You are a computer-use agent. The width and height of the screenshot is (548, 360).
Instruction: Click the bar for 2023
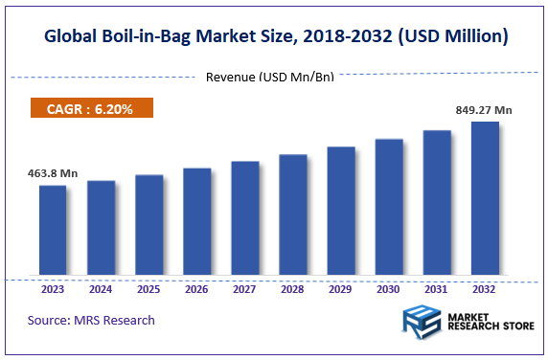[53, 230]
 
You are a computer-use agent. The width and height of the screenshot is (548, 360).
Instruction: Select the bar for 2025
[148, 225]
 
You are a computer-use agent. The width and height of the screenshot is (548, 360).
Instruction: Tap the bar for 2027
[244, 218]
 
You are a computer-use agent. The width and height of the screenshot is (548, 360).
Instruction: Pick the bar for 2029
[341, 211]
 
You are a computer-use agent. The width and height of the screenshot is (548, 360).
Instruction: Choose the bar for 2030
[389, 207]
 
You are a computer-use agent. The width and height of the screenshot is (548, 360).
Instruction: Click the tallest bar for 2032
[485, 198]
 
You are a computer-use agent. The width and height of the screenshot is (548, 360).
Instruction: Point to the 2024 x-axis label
[101, 287]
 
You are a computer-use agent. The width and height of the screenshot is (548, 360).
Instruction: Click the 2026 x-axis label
[196, 287]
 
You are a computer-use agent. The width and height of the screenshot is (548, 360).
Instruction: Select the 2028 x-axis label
[292, 287]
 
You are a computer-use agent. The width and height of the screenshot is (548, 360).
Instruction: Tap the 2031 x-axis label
[437, 287]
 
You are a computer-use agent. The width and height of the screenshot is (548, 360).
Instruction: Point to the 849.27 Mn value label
[483, 110]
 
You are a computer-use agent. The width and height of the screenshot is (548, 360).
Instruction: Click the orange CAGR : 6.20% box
[93, 109]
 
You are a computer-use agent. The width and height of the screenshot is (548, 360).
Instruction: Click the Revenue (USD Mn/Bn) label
[270, 77]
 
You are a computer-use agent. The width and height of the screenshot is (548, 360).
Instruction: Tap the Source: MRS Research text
[91, 320]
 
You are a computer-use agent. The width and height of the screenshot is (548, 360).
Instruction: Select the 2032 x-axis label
[485, 287]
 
